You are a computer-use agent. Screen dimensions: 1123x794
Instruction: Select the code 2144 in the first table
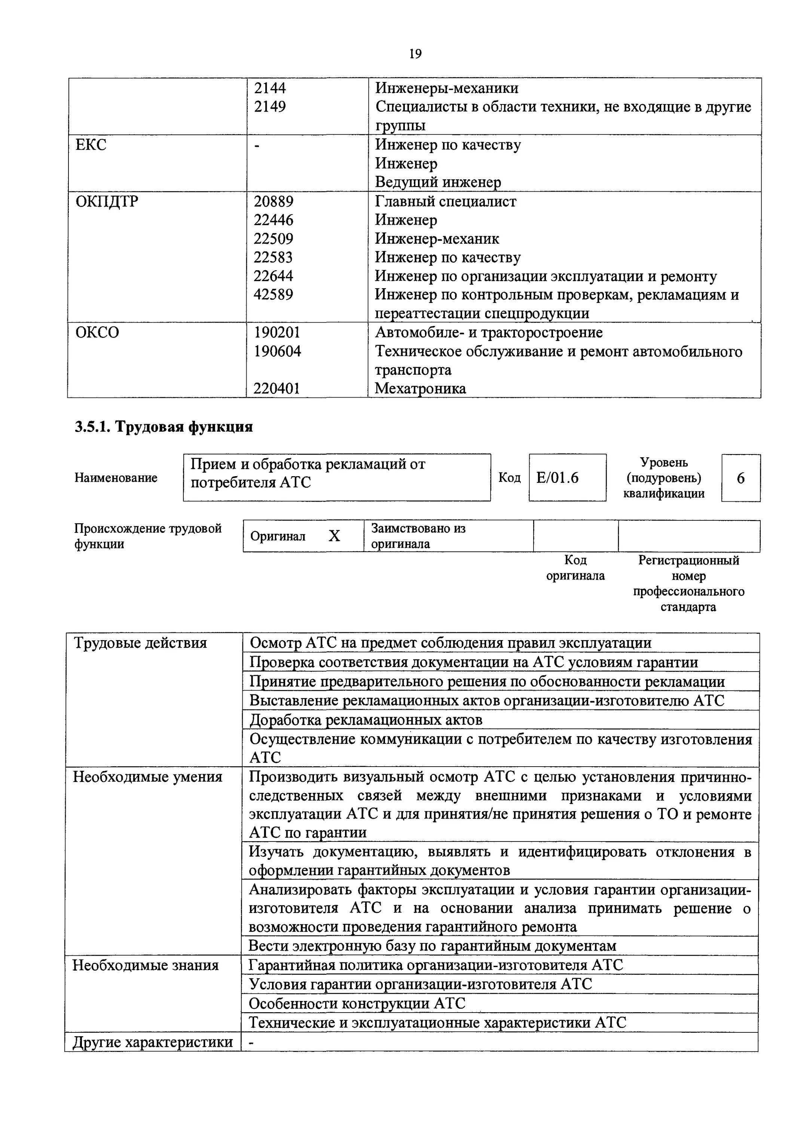pyautogui.click(x=270, y=88)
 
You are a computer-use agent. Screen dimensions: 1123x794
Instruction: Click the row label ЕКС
pyautogui.click(x=91, y=145)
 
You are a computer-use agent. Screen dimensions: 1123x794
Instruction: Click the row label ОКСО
pyautogui.click(x=97, y=333)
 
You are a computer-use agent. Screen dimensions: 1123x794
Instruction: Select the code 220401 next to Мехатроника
pyautogui.click(x=277, y=388)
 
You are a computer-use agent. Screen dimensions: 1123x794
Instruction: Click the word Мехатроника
pyautogui.click(x=421, y=388)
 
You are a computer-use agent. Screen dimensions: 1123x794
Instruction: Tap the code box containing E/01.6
pyautogui.click(x=567, y=477)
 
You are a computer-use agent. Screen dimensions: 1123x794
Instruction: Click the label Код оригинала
pyautogui.click(x=575, y=567)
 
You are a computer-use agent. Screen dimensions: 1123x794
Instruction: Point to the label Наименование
pyautogui.click(x=116, y=477)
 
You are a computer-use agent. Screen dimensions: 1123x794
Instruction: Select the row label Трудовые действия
pyautogui.click(x=140, y=643)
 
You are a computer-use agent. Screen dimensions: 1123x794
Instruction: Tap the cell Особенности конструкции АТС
pyautogui.click(x=357, y=1003)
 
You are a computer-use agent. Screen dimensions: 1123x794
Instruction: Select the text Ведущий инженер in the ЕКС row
pyautogui.click(x=438, y=182)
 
